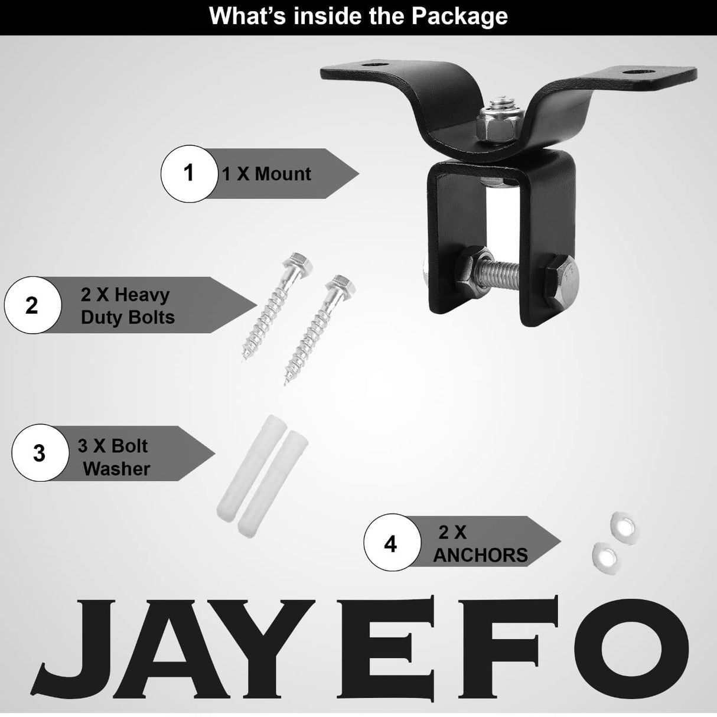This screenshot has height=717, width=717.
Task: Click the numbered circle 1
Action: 188,173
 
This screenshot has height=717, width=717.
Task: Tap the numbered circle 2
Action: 32,305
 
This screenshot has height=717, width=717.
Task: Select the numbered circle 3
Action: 39,453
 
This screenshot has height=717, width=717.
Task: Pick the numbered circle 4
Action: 390,543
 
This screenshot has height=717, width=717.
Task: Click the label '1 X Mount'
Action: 266,174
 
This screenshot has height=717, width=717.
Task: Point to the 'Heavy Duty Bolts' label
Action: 128,305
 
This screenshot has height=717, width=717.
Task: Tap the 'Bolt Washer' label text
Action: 114,457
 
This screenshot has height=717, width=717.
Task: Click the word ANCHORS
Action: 480,555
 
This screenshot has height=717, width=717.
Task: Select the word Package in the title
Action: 459,16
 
